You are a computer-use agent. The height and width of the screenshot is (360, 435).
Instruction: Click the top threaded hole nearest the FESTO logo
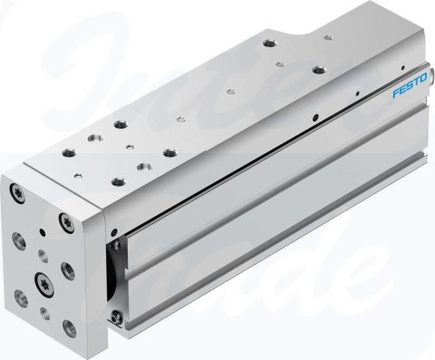click(x=318, y=69)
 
